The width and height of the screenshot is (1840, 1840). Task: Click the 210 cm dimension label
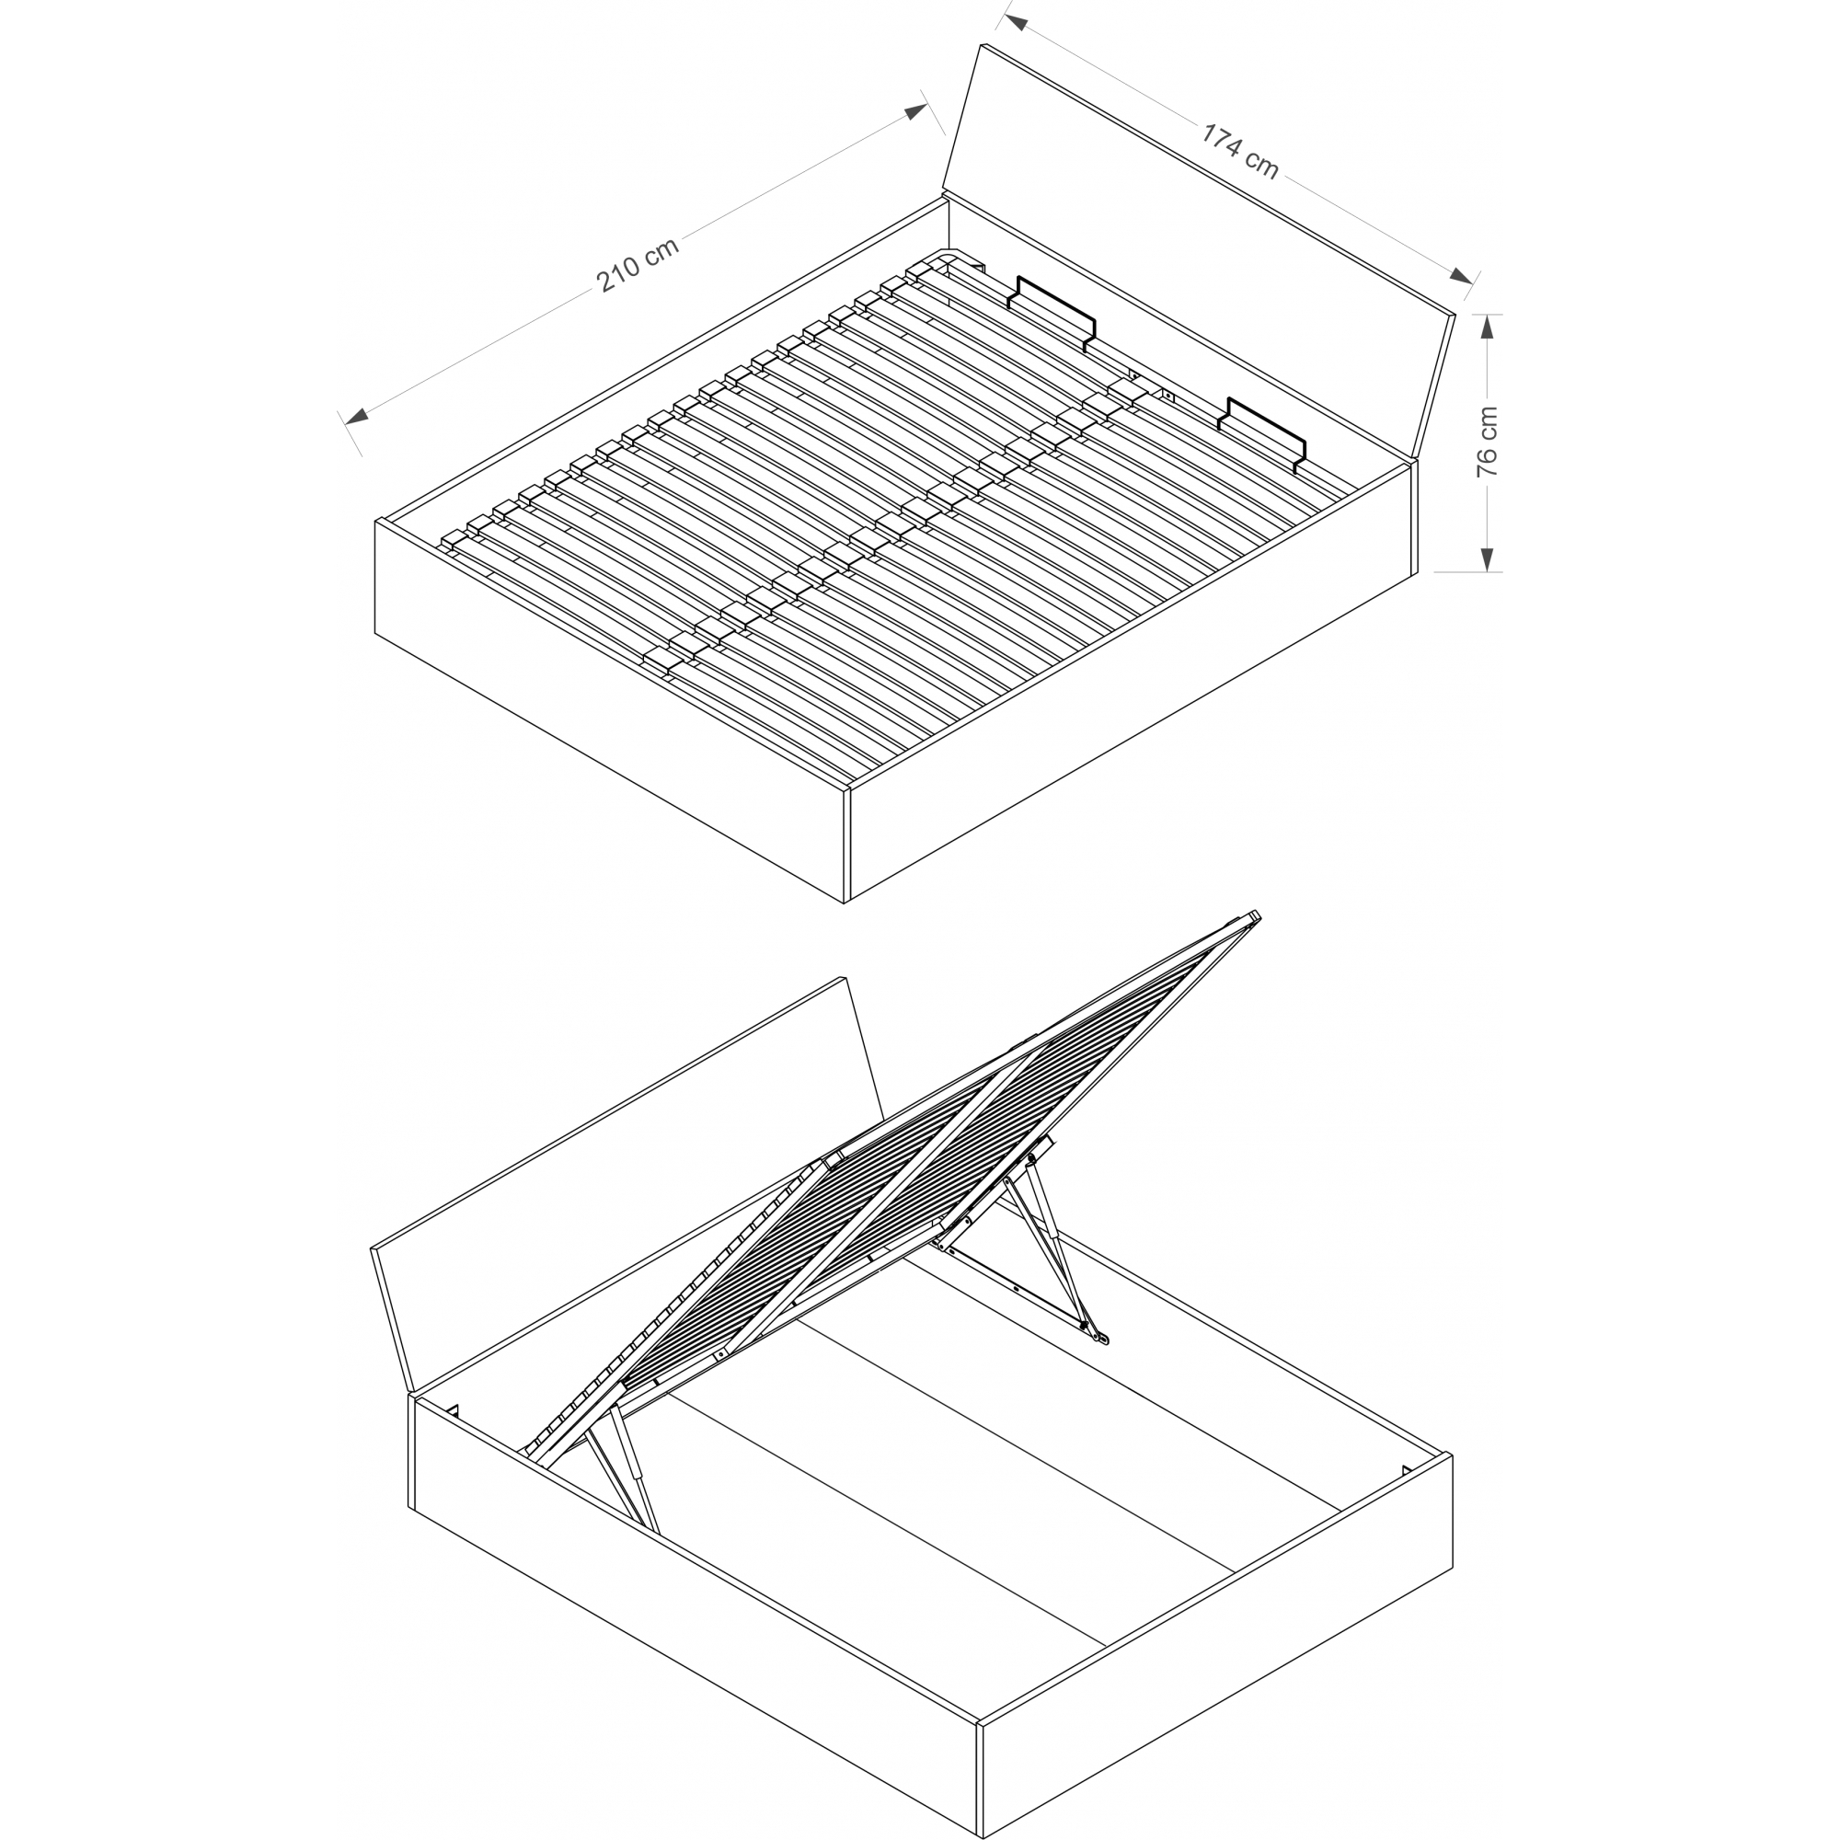(x=638, y=264)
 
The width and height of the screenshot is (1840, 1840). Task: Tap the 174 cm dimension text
(x=1238, y=151)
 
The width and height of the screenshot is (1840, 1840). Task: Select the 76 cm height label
(x=1488, y=441)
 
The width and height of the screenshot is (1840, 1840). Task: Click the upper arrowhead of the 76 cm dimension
(x=1488, y=327)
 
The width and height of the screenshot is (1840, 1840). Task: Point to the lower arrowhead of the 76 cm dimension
(x=1488, y=559)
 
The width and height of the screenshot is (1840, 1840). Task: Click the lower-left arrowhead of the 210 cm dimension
(x=356, y=416)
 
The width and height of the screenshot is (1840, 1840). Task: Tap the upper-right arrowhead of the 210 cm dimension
(x=915, y=112)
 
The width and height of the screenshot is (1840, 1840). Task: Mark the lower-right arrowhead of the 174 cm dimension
(x=1459, y=275)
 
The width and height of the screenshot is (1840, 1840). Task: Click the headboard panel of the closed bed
(x=1198, y=252)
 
